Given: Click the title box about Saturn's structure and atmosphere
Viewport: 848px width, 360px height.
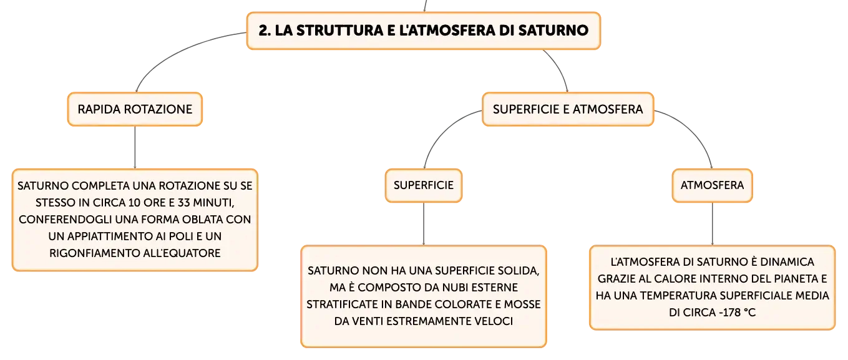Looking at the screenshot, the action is coord(424,31).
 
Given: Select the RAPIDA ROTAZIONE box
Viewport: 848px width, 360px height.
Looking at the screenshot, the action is coord(135,109).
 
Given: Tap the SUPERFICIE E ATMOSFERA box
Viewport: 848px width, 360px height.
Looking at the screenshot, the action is coord(568,109).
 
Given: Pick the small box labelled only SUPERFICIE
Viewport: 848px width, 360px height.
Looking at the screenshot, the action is coord(424,185).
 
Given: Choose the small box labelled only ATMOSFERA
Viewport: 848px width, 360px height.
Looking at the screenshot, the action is coord(712,185).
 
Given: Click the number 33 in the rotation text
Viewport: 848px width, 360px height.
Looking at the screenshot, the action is coord(183,203).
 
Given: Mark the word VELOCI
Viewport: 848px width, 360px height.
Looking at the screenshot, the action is coord(494,321).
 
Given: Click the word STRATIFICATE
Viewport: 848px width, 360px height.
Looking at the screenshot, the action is coord(349,304).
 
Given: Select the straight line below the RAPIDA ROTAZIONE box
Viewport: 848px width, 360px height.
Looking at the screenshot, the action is coord(135,147).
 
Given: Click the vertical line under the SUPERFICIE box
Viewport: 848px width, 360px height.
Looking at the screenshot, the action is coord(424,224).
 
